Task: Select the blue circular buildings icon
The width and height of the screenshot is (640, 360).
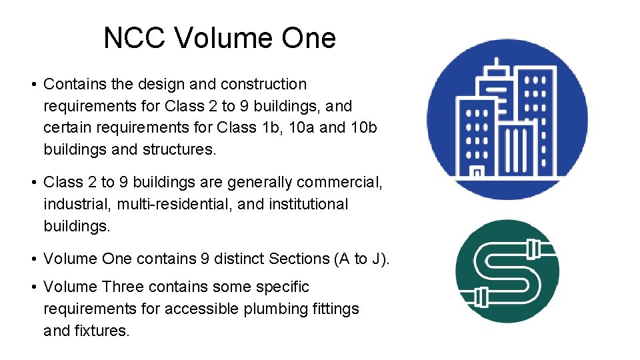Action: point(507,119)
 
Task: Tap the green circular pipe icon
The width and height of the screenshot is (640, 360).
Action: point(507,271)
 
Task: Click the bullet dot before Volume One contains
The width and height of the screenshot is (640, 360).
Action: point(33,259)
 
